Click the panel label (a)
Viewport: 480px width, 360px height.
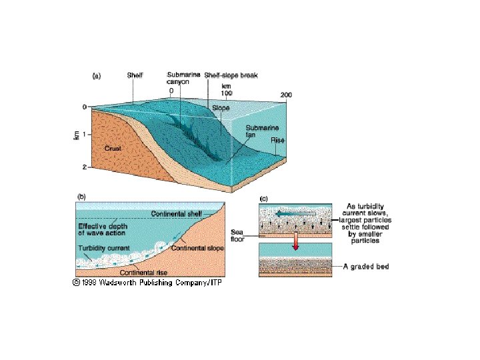96,77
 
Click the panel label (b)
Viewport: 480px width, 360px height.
82,196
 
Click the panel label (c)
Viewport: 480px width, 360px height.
264,198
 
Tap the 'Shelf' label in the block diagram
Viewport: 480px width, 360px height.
135,76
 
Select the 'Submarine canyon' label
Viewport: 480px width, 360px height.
181,79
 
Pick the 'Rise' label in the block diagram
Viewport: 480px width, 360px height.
277,141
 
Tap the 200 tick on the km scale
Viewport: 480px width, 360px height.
286,95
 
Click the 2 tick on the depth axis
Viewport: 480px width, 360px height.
84,166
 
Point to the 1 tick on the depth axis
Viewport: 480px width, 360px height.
84,135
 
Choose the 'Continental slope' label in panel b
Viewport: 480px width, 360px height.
198,249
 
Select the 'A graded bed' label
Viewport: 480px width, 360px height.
367,267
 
